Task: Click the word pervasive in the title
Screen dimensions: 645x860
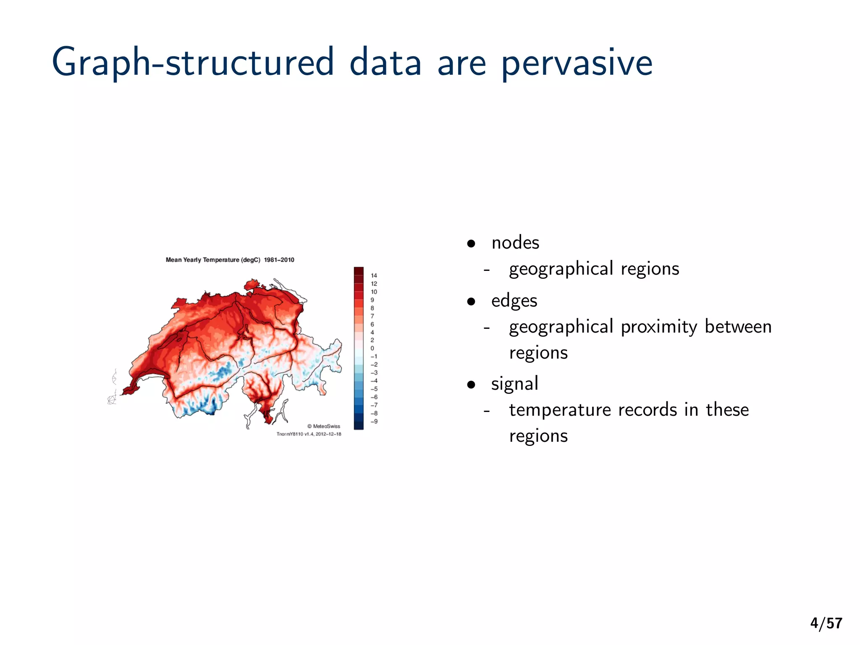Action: [x=577, y=63]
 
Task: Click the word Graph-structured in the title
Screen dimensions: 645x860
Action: [x=193, y=63]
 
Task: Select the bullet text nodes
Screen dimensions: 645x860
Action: [x=515, y=243]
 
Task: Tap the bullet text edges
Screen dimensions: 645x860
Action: [x=514, y=301]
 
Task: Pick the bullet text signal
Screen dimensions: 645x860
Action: [x=514, y=384]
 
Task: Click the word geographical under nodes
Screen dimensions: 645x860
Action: [x=561, y=269]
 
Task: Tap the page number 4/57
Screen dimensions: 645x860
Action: [x=826, y=623]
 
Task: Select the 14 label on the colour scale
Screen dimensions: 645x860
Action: [x=374, y=276]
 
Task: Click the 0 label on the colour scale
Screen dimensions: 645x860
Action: [x=372, y=348]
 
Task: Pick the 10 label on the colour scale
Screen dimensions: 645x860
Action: [x=374, y=292]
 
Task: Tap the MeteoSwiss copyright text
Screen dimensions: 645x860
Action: [x=324, y=426]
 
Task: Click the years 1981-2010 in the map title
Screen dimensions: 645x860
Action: [x=279, y=260]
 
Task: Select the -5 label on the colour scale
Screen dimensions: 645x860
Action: [x=374, y=389]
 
